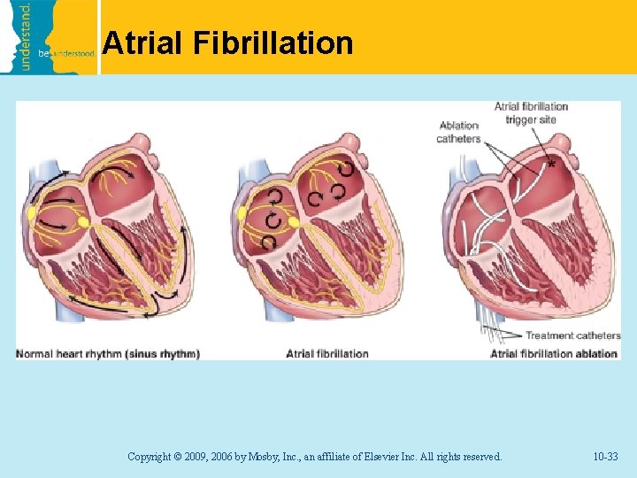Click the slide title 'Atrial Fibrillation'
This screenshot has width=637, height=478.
(x=227, y=43)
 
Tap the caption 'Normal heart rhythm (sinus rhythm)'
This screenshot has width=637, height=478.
(x=108, y=354)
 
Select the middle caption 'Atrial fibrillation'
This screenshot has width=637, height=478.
(x=327, y=354)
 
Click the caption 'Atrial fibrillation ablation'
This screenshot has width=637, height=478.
(x=554, y=354)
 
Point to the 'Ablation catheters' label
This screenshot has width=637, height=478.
(x=458, y=132)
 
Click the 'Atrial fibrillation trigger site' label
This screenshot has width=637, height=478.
(x=531, y=113)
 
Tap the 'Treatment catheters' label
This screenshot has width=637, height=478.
(x=573, y=335)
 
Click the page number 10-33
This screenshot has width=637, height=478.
(x=605, y=457)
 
